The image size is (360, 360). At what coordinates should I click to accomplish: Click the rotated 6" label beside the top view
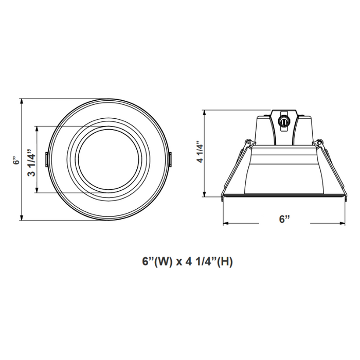(17, 160)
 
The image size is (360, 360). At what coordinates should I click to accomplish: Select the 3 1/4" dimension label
(30, 160)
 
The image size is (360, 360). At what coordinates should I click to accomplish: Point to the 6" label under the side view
(285, 219)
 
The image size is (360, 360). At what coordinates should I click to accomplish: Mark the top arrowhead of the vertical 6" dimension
(22, 100)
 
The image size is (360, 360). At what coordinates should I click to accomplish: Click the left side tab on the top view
(46, 159)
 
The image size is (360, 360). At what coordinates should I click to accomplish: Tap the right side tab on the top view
(169, 159)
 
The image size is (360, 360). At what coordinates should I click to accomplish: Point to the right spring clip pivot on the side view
(319, 142)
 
